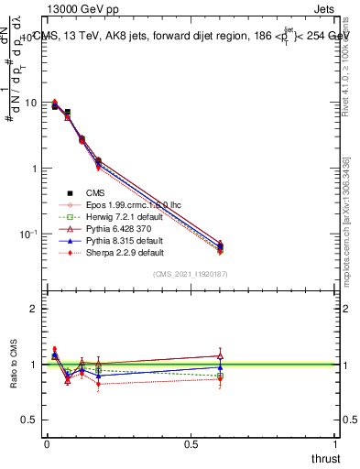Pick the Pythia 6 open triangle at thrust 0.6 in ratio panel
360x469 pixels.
pos(220,355)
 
